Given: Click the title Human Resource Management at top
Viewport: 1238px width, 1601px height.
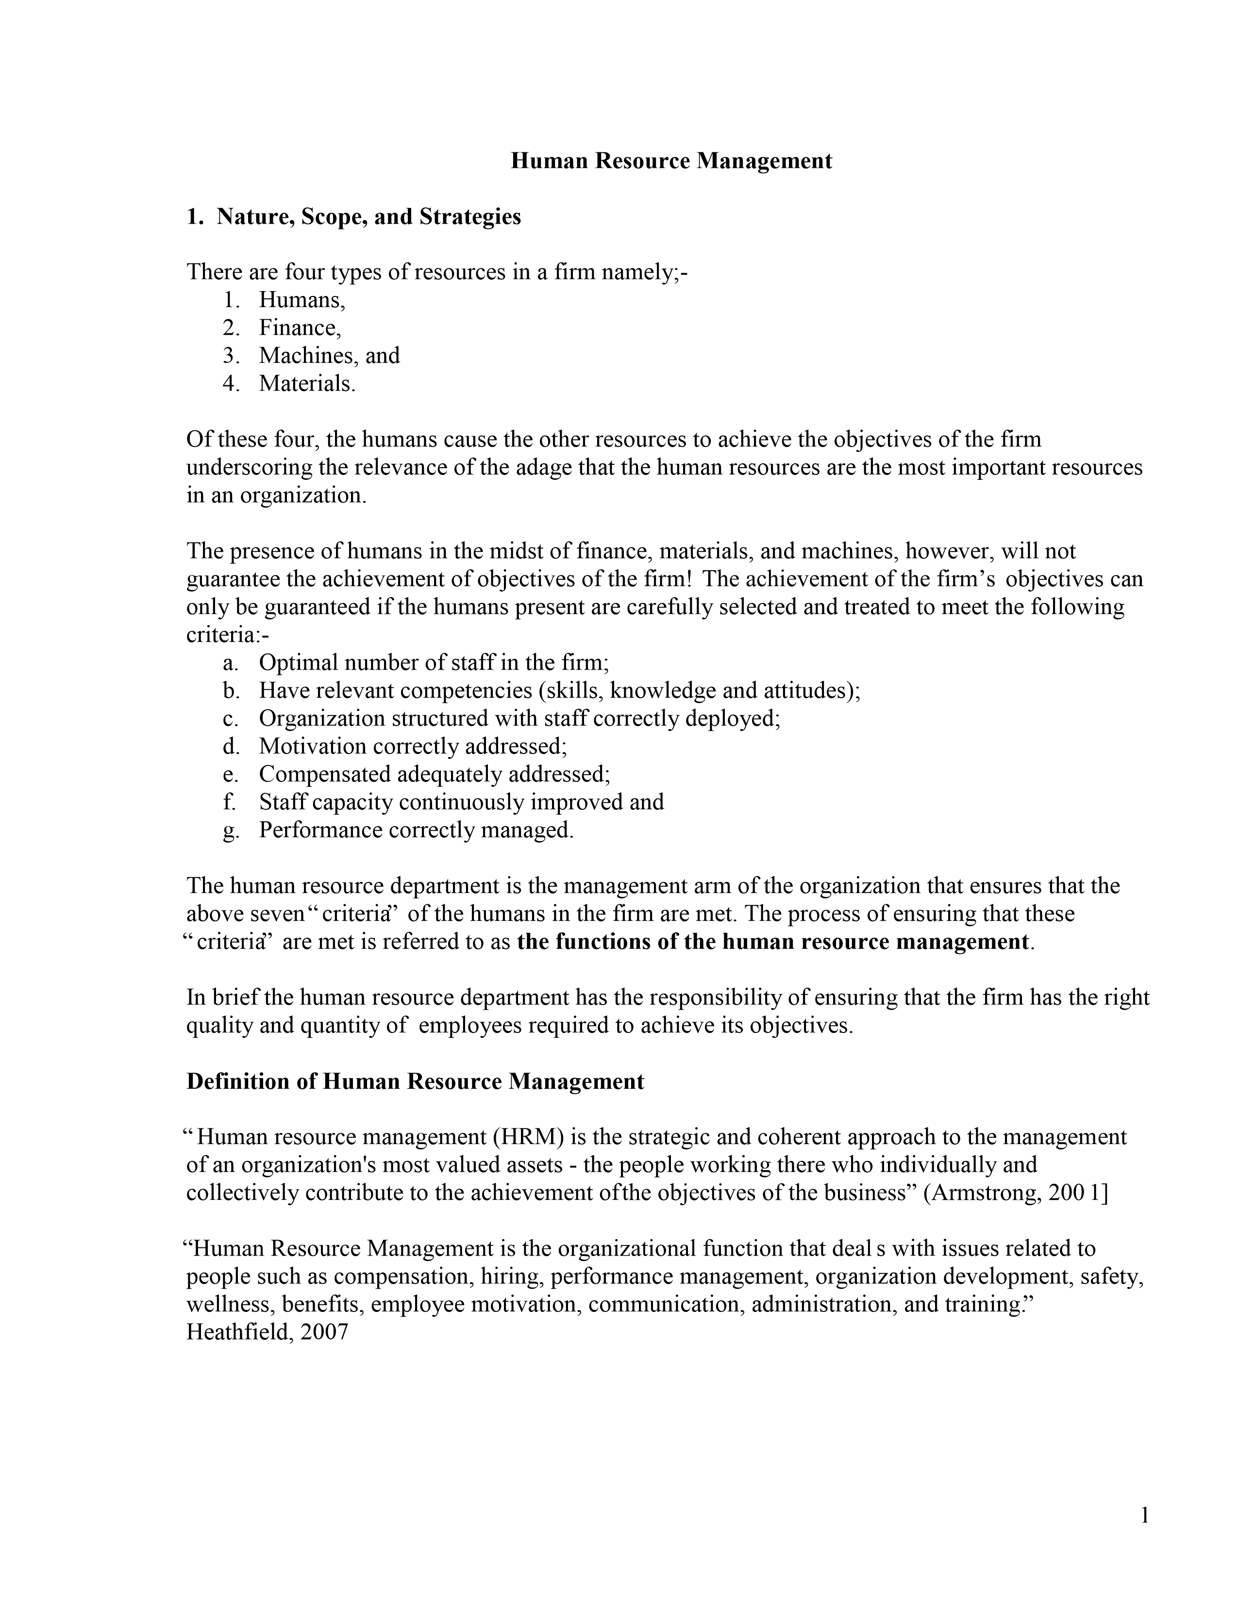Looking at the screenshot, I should coord(671,161).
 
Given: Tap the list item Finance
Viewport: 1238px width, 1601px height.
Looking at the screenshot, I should coord(299,327).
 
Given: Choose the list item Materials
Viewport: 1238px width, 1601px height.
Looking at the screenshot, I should coord(306,383).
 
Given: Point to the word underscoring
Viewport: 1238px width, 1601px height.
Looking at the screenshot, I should coord(247,468).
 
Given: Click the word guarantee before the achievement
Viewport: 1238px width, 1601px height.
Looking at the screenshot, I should coord(233,579).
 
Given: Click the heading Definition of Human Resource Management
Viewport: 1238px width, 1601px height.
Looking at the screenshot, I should coord(415,1082).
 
